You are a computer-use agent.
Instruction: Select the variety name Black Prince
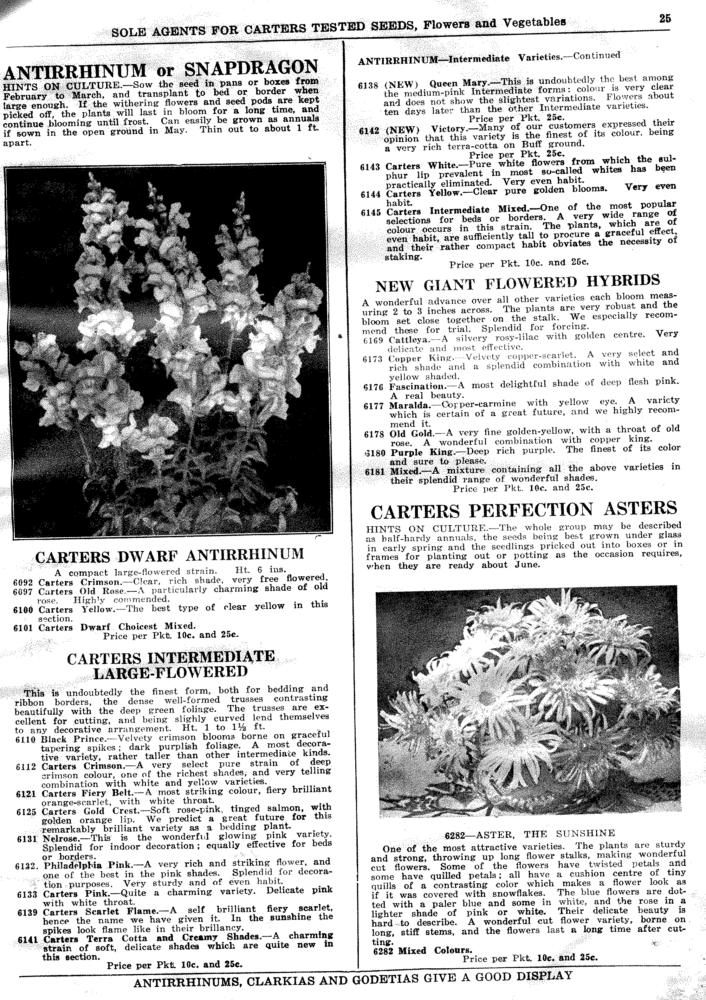(x=73, y=739)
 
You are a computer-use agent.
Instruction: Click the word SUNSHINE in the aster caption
(x=585, y=833)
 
